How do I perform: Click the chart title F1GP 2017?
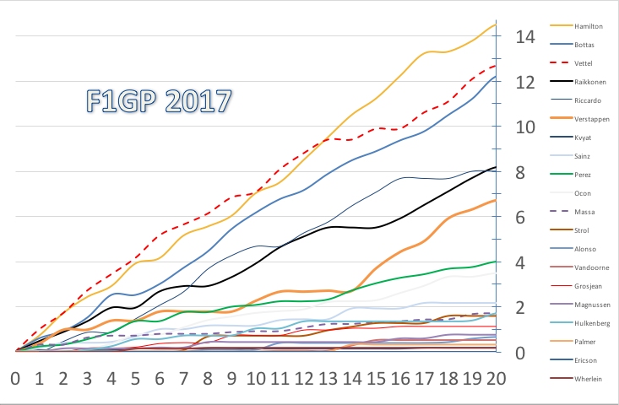[x=159, y=101]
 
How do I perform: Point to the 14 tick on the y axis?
[x=524, y=37]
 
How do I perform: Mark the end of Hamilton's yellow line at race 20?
[x=497, y=24]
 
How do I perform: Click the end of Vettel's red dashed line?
[x=497, y=66]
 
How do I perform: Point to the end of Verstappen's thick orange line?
[x=497, y=200]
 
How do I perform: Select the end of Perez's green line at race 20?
[x=497, y=262]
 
